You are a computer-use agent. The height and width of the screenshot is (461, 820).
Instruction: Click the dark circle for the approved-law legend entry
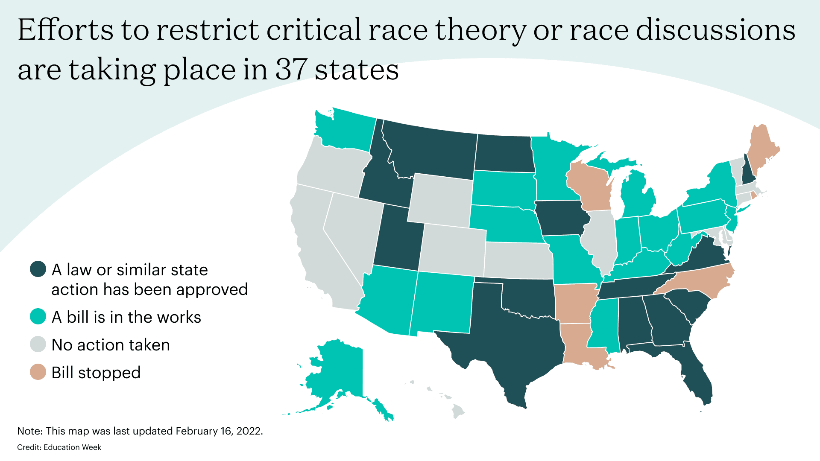(x=38, y=269)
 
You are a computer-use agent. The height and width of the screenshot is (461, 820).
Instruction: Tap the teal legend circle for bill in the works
(x=38, y=317)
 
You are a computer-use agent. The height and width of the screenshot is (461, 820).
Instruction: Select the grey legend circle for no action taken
(x=38, y=344)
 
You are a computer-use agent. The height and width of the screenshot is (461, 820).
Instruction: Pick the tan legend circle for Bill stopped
(x=38, y=372)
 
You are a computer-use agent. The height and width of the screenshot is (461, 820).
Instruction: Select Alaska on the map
(x=337, y=371)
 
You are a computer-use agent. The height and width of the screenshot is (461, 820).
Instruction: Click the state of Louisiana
(x=581, y=346)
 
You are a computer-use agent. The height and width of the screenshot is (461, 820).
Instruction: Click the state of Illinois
(x=600, y=239)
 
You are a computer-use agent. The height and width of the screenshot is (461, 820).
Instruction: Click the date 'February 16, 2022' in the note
(x=219, y=431)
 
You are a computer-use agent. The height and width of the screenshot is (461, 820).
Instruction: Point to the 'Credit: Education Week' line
(x=59, y=447)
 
